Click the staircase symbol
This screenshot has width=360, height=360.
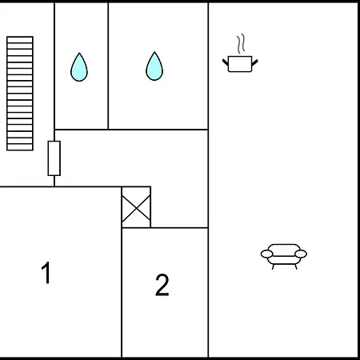pyautogui.click(x=20, y=94)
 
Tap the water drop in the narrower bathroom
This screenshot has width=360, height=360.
pyautogui.click(x=79, y=67)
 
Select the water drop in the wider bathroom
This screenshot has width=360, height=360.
pyautogui.click(x=154, y=66)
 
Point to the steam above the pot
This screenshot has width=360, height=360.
pyautogui.click(x=241, y=43)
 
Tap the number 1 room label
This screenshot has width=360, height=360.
pyautogui.click(x=46, y=272)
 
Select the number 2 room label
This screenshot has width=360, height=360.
pyautogui.click(x=162, y=285)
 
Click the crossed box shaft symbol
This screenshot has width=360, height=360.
pyautogui.click(x=136, y=207)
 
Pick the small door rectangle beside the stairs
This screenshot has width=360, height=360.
pyautogui.click(x=54, y=158)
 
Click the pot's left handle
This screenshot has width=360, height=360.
pyautogui.click(x=226, y=62)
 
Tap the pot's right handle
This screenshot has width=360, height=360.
pyautogui.click(x=254, y=62)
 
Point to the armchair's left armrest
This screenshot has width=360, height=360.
pyautogui.click(x=267, y=254)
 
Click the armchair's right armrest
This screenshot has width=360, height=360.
pyautogui.click(x=301, y=254)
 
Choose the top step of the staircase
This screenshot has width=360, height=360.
pyautogui.click(x=20, y=39)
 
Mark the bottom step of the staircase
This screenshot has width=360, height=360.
pyautogui.click(x=20, y=147)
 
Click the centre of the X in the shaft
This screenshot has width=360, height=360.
pyautogui.click(x=136, y=208)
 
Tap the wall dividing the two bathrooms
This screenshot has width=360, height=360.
pyautogui.click(x=108, y=66)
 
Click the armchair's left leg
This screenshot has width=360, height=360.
pyautogui.click(x=273, y=266)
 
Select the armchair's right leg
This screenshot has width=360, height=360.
pyautogui.click(x=296, y=266)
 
